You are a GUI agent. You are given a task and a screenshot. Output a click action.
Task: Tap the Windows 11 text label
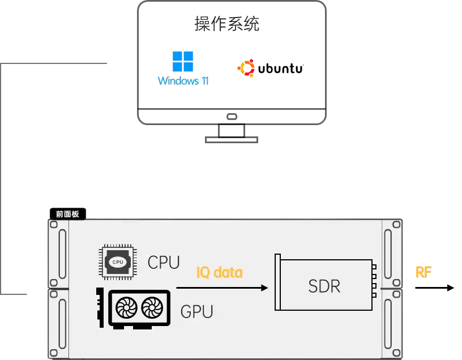183,81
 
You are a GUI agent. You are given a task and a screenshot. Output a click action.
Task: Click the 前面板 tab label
67,214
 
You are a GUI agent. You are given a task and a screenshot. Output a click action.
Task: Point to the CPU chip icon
118,262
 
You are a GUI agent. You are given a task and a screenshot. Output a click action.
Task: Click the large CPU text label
164,263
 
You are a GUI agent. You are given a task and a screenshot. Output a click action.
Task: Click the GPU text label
196,311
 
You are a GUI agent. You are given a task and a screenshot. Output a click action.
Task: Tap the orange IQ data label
219,273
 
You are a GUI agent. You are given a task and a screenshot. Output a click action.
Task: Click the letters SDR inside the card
324,286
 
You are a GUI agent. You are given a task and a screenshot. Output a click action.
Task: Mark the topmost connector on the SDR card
374,266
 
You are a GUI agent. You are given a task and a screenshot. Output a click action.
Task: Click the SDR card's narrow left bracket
277,282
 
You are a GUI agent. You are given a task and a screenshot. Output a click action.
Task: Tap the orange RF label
423,272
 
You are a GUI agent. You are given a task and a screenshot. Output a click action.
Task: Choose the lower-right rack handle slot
388,323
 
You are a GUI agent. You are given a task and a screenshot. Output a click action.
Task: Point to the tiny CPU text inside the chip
118,262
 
